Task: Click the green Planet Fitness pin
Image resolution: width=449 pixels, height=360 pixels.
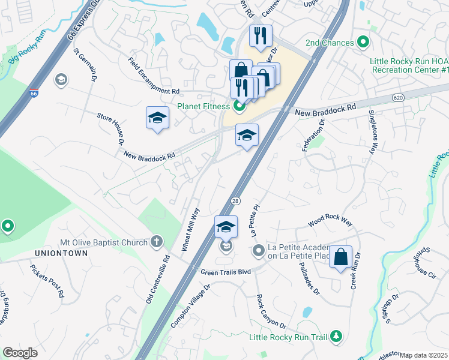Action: coord(239,107)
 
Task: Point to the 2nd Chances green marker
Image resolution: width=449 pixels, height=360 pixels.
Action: coord(362,43)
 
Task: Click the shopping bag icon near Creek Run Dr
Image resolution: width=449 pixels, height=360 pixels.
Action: coord(340,257)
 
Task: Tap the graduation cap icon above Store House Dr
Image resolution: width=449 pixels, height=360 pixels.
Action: coord(157,118)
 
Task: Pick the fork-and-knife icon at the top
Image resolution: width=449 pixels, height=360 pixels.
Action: coord(261,35)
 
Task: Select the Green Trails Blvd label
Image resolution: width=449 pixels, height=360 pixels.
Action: coord(226,271)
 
